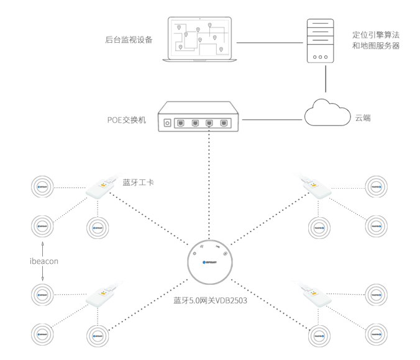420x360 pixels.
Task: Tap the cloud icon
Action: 326,112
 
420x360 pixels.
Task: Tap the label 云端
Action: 363,117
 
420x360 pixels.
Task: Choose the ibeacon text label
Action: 43,261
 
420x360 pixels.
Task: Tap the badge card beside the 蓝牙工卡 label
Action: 101,189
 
